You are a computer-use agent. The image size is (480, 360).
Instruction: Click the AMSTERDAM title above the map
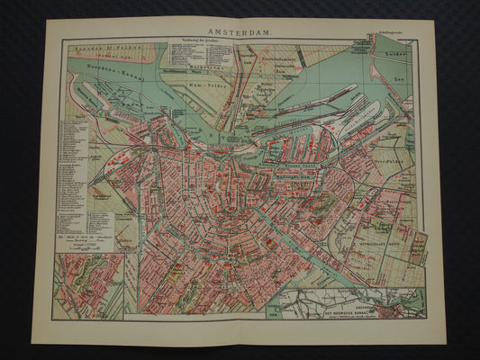click(240, 30)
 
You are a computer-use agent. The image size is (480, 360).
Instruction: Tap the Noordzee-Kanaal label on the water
click(102, 68)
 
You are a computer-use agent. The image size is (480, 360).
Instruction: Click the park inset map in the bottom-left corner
click(88, 285)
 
